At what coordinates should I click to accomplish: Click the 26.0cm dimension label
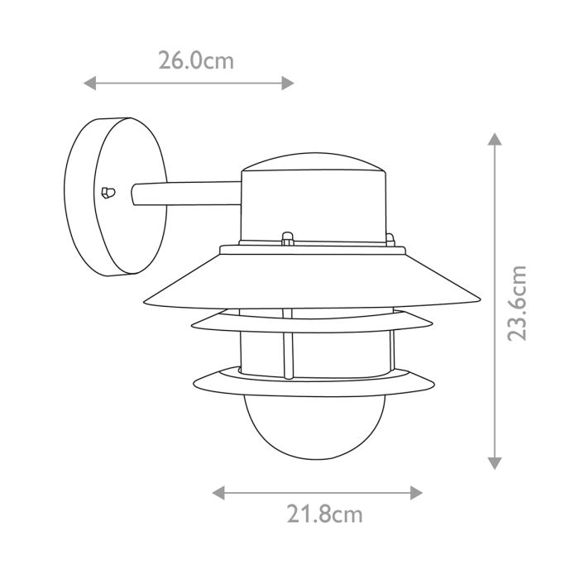point(195,60)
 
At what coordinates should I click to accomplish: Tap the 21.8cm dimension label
point(325,514)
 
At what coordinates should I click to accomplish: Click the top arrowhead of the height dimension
point(495,138)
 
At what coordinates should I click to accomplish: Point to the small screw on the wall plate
point(105,193)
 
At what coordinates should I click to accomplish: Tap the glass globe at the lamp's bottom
point(314,430)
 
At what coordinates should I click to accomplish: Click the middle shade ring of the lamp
point(314,323)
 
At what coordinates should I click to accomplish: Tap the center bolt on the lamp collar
point(287,239)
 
